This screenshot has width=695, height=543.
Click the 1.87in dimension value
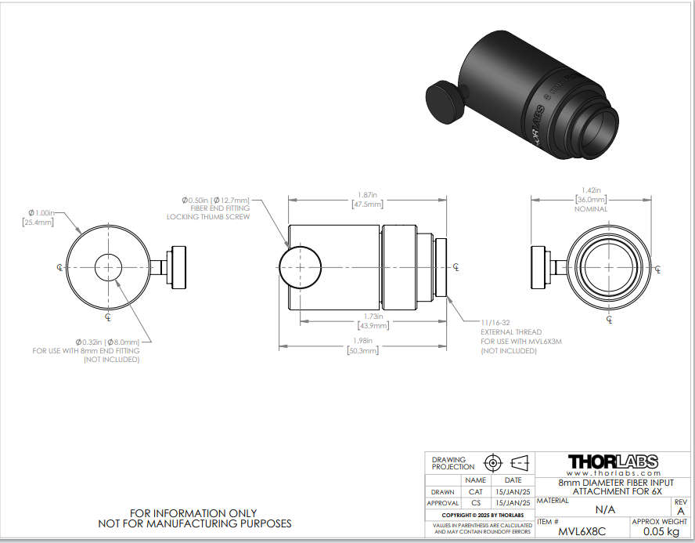(x=367, y=195)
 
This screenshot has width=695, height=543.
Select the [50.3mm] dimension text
(x=362, y=350)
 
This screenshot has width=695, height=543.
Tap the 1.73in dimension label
(x=373, y=317)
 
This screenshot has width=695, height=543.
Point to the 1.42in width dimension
(x=591, y=190)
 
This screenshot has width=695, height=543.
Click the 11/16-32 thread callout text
(x=495, y=323)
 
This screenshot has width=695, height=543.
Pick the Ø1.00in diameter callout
(x=41, y=213)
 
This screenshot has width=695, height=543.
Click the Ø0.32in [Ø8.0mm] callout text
(x=108, y=342)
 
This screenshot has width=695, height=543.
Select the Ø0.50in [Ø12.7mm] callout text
(x=216, y=200)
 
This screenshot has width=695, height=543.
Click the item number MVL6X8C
(x=582, y=531)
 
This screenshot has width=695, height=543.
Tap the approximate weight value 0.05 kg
(x=661, y=531)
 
